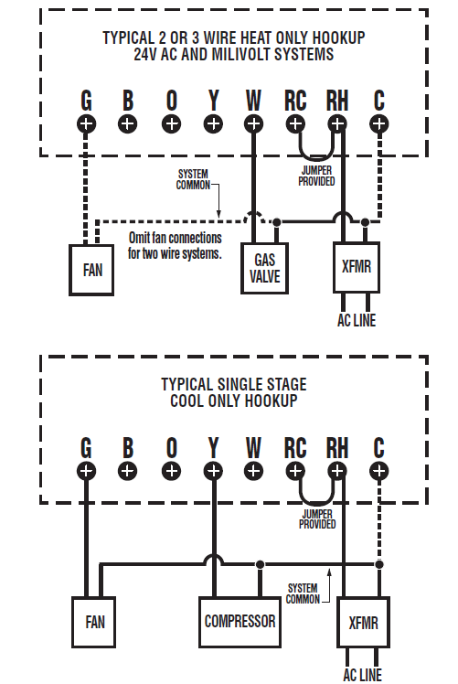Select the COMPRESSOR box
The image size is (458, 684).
(240, 622)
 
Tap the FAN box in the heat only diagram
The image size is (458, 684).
(92, 271)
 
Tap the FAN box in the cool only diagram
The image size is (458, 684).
(95, 623)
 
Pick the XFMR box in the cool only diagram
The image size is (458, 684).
(363, 624)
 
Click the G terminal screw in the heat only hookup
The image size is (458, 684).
(86, 123)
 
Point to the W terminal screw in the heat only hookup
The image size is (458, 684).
(254, 123)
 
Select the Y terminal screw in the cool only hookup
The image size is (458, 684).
(213, 471)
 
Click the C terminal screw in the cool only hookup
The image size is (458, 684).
(378, 471)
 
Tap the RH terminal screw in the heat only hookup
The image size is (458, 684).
(337, 123)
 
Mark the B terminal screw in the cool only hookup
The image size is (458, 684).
(128, 471)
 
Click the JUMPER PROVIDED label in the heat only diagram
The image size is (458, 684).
(317, 174)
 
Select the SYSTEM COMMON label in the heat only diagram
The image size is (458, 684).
(192, 179)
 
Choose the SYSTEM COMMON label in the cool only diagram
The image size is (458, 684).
(303, 593)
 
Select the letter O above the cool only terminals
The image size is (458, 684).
(171, 448)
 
